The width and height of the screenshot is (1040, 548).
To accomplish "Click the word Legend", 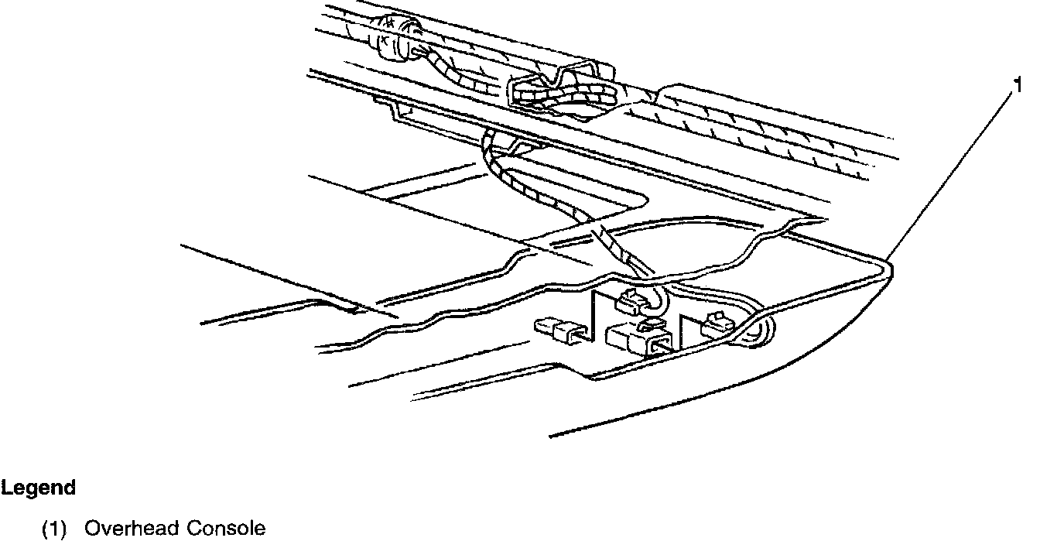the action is pos(38,488).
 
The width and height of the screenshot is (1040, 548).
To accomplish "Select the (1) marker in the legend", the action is pos(54,529).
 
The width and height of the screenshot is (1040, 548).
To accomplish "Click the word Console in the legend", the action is pos(225,529).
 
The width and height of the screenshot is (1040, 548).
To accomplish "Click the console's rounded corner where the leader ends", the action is pos(888,268).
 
